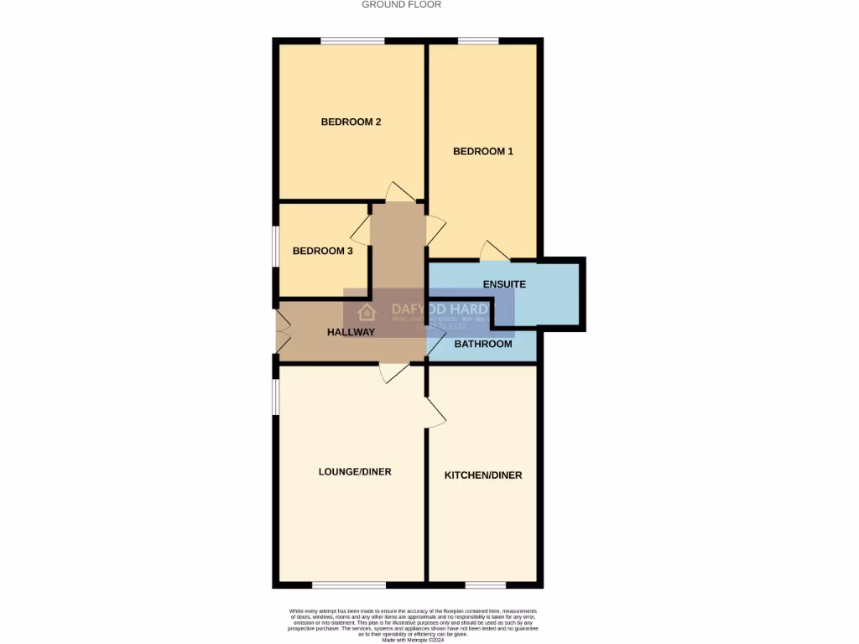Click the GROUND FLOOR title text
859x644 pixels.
point(401,5)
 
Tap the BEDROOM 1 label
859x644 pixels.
point(482,152)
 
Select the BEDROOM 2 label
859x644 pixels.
point(351,122)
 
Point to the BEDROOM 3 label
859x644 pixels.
point(322,251)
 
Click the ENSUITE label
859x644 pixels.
point(504,284)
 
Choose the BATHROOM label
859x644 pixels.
point(482,344)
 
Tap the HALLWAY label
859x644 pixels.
point(351,332)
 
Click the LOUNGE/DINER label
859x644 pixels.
point(355,472)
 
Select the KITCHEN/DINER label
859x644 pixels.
point(482,475)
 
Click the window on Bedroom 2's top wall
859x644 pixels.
point(352,40)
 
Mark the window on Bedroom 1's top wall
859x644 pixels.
point(477,40)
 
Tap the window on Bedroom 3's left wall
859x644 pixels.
point(275,248)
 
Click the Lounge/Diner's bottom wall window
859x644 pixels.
point(349,584)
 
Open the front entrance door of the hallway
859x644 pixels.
point(282,332)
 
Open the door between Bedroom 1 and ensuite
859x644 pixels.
point(494,250)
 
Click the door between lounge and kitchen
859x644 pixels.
point(435,411)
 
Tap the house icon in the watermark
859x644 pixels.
point(367,314)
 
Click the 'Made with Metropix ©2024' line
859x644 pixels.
point(413,640)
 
